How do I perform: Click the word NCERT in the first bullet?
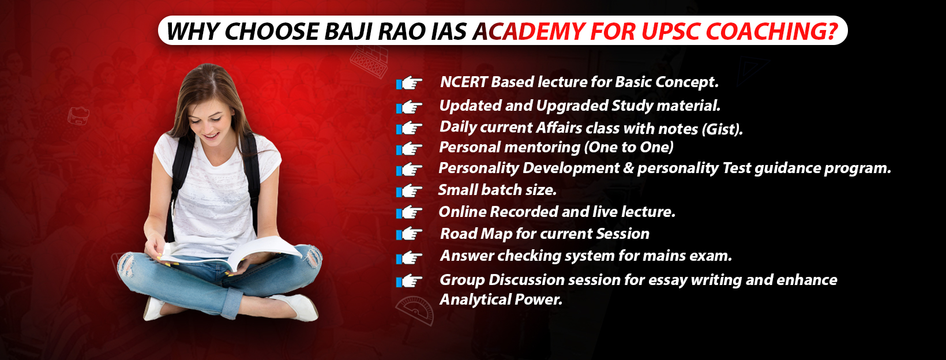pyautogui.click(x=463, y=81)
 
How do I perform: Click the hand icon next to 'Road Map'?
pyautogui.click(x=409, y=234)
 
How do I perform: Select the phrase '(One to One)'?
pyautogui.click(x=628, y=147)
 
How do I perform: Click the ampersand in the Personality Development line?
pyautogui.click(x=628, y=168)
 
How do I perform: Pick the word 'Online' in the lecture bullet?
pyautogui.click(x=462, y=211)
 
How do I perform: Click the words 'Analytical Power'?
pyautogui.click(x=501, y=299)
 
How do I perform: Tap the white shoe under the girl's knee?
pyautogui.click(x=297, y=307)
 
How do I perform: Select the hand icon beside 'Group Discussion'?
pyautogui.click(x=409, y=281)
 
